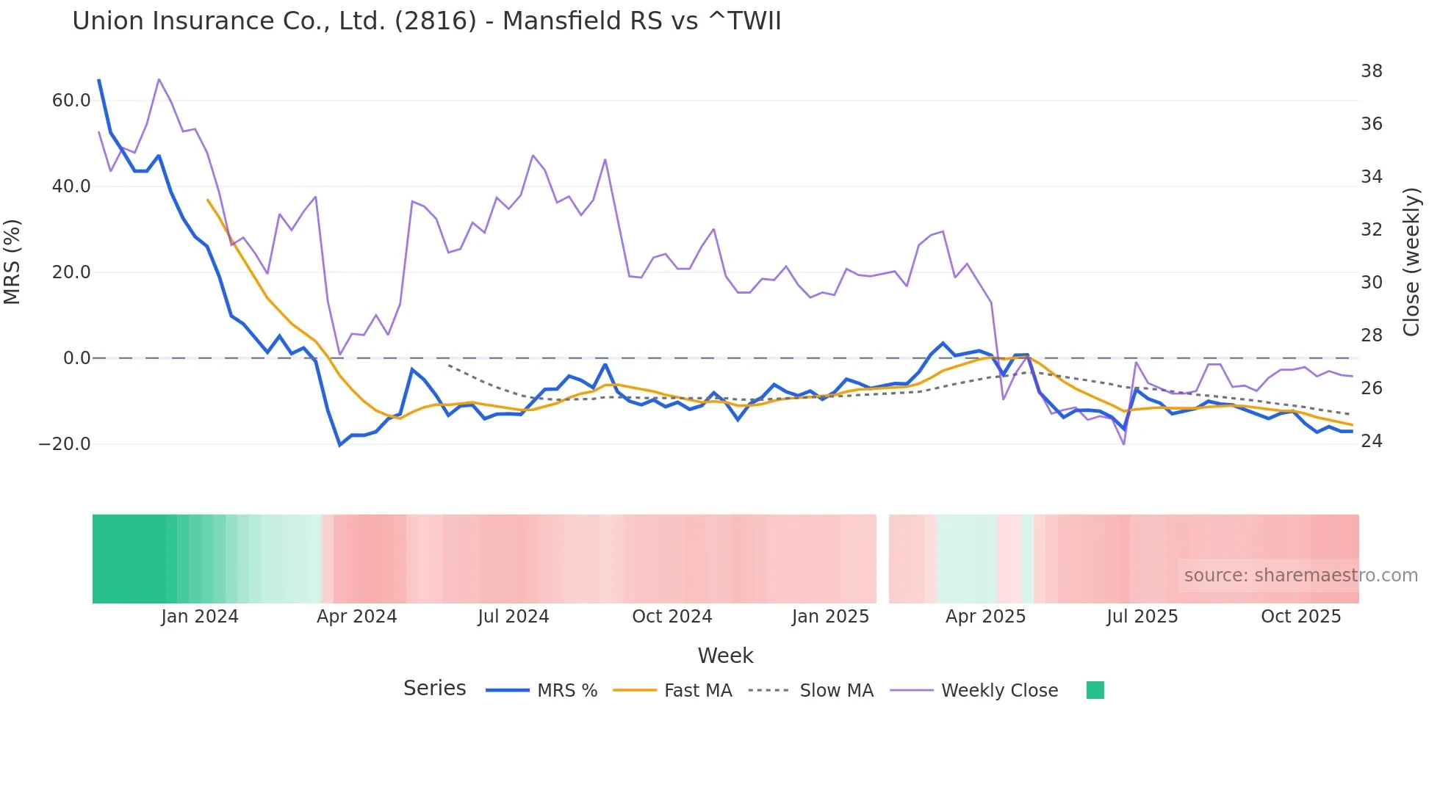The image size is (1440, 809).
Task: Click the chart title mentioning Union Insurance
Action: pyautogui.click(x=426, y=21)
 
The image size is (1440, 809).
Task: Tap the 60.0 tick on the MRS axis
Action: pyautogui.click(x=71, y=101)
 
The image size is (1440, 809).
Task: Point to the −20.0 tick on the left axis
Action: pyautogui.click(x=65, y=444)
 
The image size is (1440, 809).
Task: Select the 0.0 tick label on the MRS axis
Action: pyautogui.click(x=76, y=358)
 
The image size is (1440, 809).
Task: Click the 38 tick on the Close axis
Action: pyautogui.click(x=1371, y=71)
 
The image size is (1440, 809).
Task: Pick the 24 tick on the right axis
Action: pyautogui.click(x=1371, y=441)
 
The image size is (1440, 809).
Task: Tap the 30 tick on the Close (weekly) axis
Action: pyautogui.click(x=1371, y=283)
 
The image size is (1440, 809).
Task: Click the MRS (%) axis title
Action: pyautogui.click(x=12, y=261)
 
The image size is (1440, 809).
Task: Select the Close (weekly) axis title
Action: pyautogui.click(x=1411, y=262)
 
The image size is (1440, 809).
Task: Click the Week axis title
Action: pyautogui.click(x=725, y=656)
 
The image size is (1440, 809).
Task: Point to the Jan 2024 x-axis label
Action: pyautogui.click(x=200, y=617)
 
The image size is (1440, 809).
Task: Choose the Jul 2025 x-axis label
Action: pyautogui.click(x=1142, y=617)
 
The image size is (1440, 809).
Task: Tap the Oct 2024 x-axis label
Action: pyautogui.click(x=672, y=617)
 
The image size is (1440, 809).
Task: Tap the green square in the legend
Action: pyautogui.click(x=1095, y=690)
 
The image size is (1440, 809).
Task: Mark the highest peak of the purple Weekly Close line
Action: pyautogui.click(x=159, y=79)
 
